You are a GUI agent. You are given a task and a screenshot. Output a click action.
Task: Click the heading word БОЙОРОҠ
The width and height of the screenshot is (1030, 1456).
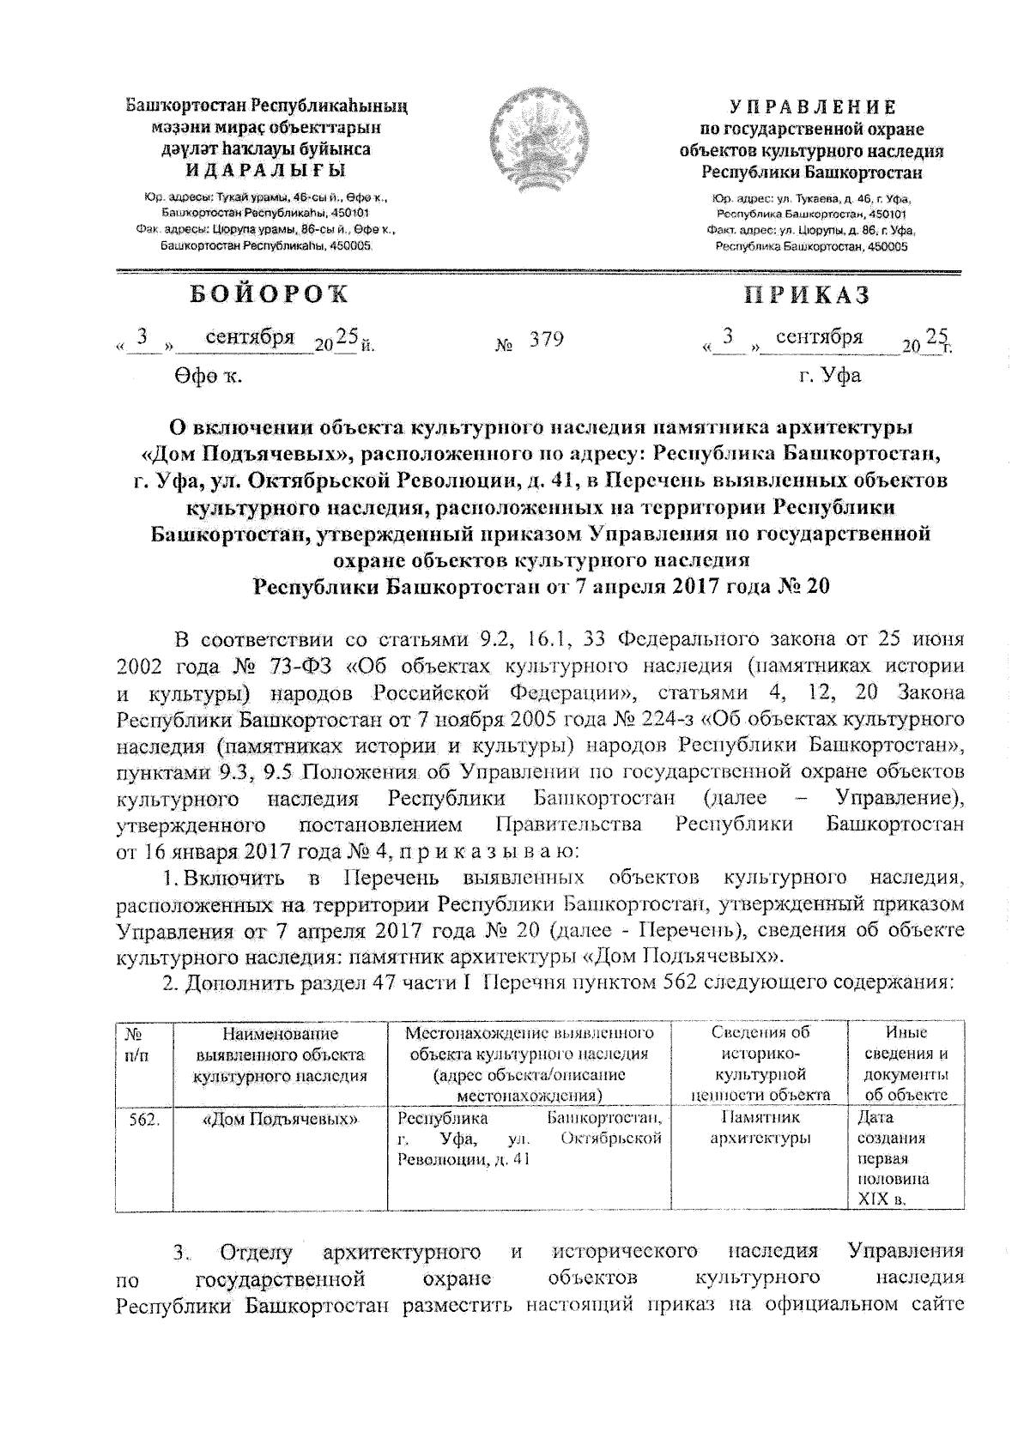coord(270,294)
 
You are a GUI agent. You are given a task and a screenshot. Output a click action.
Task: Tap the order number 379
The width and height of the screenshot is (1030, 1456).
coord(546,340)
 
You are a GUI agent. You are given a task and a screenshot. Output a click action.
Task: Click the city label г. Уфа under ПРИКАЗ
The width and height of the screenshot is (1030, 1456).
coord(829,375)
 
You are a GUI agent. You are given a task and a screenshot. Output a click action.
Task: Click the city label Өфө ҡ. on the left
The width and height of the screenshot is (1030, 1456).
coord(206,376)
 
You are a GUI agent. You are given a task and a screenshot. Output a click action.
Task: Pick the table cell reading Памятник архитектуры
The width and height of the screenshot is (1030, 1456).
coord(760,1128)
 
